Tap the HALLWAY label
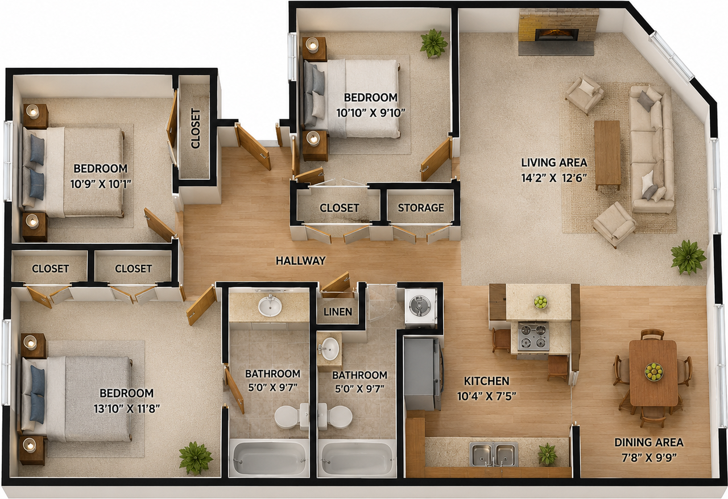point(301,260)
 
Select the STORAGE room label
point(421,207)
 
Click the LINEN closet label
point(338,312)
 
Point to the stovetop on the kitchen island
point(533,336)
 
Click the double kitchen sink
point(494,455)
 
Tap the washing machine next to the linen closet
point(420,306)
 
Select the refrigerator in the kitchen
point(422,373)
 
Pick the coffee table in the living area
point(607,155)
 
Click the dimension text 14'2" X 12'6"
point(554,178)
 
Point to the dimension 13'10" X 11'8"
point(127,409)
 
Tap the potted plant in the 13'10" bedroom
point(196,458)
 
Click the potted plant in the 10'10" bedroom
point(433,44)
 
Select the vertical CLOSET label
point(195,128)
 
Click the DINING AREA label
point(649,443)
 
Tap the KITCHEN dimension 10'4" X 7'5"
point(486,396)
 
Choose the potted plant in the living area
point(688,257)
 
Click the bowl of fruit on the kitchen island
point(540,302)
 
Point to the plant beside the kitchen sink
point(548,454)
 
